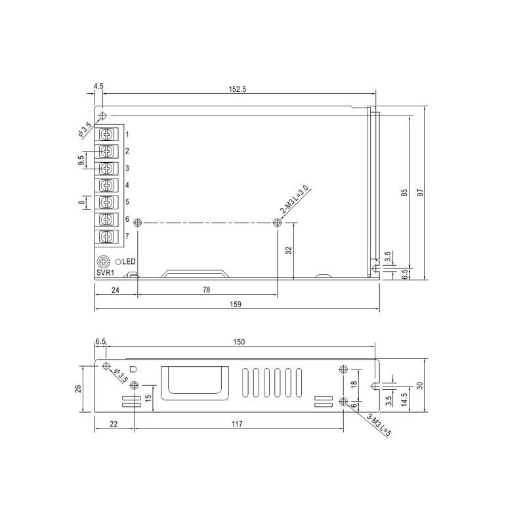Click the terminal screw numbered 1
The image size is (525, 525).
click(107, 135)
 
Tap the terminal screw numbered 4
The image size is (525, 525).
click(107, 185)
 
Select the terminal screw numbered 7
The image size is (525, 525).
click(107, 236)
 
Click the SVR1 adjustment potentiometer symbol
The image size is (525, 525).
click(103, 261)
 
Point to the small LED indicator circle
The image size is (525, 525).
click(118, 262)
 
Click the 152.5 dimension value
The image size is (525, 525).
click(238, 89)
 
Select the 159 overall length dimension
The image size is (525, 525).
click(236, 304)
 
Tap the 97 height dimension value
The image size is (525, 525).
click(420, 192)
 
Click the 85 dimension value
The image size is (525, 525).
click(404, 192)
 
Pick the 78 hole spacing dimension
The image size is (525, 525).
click(207, 289)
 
